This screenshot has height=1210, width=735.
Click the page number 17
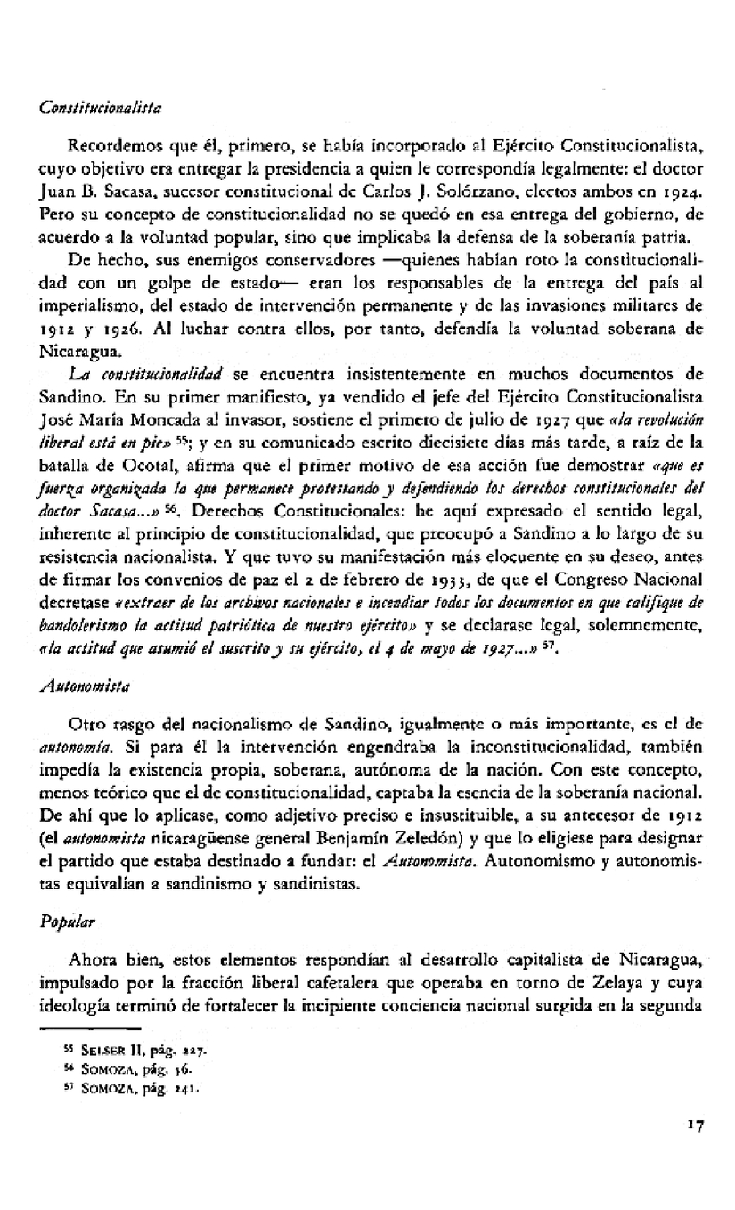click(695, 1149)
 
